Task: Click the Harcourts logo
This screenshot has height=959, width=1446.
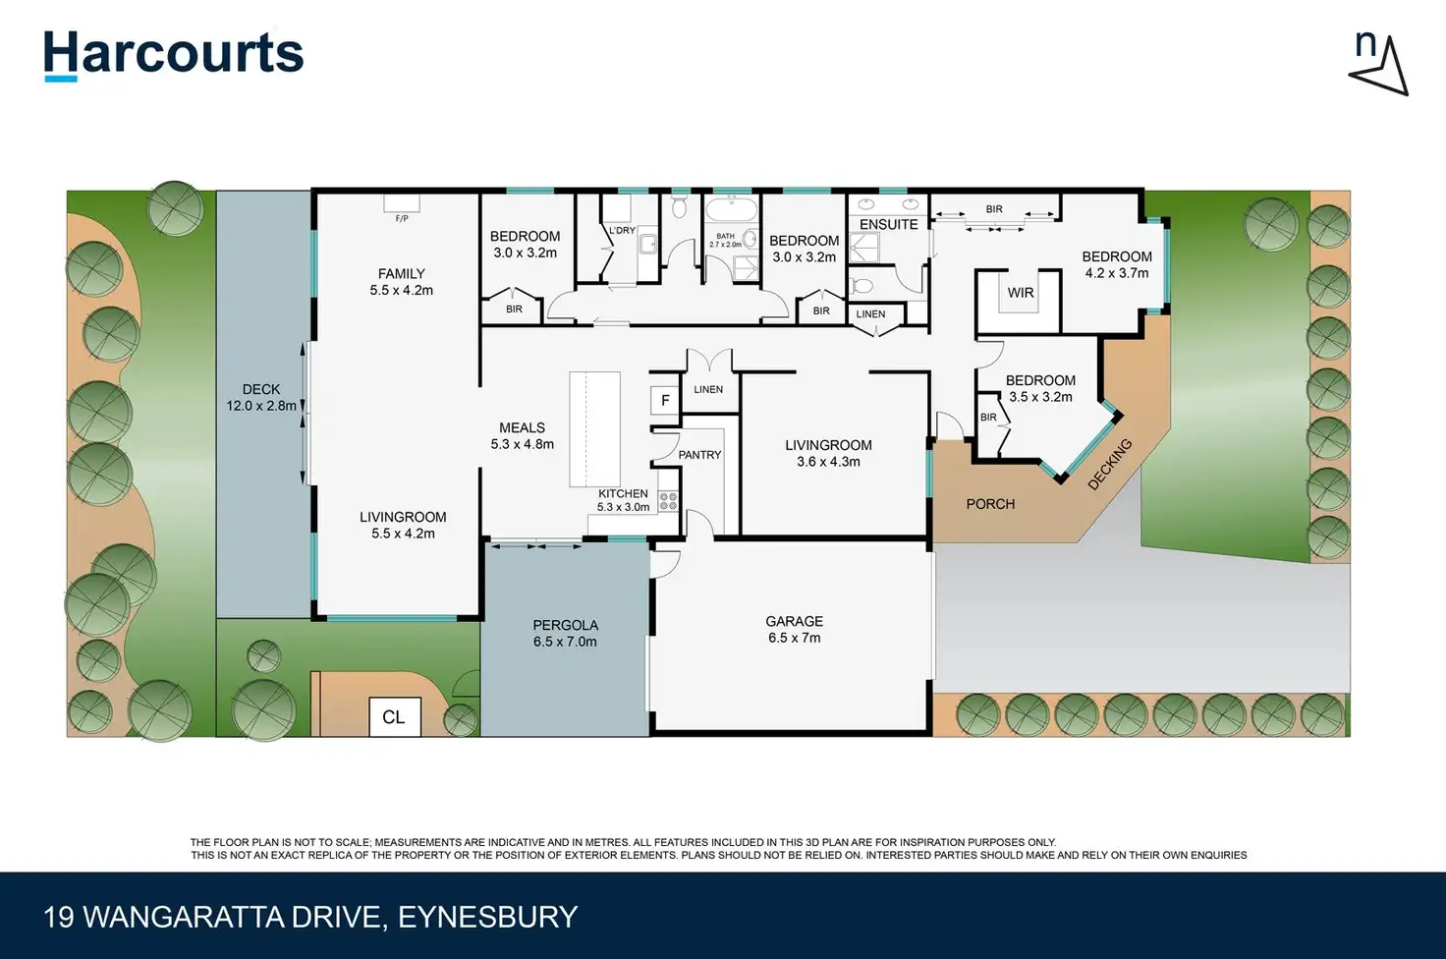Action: click(x=173, y=54)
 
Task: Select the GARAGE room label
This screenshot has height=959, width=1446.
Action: click(x=794, y=629)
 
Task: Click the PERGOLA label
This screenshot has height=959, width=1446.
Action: click(x=565, y=633)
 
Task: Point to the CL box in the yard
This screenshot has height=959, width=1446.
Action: click(x=394, y=717)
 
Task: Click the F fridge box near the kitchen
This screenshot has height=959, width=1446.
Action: click(x=665, y=400)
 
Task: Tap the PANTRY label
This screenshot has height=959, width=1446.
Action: click(x=699, y=455)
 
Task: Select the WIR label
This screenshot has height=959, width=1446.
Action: click(x=1020, y=293)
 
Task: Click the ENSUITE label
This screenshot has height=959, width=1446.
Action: click(x=888, y=224)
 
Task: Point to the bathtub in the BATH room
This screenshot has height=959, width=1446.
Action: click(x=731, y=210)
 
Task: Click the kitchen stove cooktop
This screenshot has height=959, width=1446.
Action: click(x=668, y=501)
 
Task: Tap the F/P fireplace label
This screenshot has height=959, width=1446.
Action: click(x=402, y=218)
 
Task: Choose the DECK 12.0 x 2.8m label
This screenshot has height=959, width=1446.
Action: click(x=261, y=397)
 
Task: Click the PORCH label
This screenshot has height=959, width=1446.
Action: click(x=989, y=504)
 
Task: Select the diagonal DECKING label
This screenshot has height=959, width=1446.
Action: click(x=1110, y=464)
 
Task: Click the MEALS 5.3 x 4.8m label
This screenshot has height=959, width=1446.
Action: click(x=522, y=435)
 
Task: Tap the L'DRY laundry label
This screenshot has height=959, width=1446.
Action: click(x=622, y=231)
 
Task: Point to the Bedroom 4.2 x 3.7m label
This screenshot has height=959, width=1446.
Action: click(x=1116, y=264)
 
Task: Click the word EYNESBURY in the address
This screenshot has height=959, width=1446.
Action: click(x=487, y=917)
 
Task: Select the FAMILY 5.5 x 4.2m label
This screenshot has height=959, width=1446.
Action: click(x=401, y=282)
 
